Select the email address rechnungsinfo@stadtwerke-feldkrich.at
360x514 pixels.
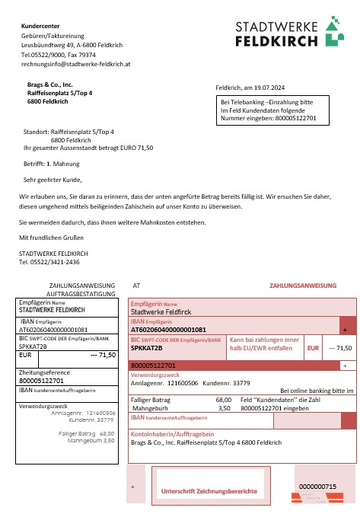(x=76, y=65)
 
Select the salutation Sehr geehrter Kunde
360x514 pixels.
(x=53, y=180)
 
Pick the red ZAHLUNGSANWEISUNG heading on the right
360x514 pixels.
(x=302, y=286)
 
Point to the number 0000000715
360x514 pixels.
(x=317, y=486)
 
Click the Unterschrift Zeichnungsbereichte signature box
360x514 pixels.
(x=209, y=491)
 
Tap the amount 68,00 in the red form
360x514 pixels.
(x=224, y=399)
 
